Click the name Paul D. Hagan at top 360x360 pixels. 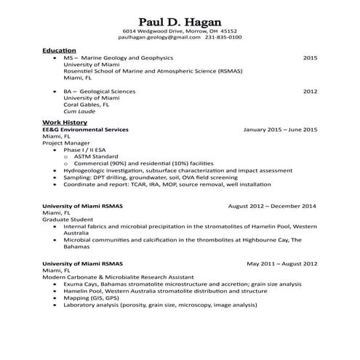pyautogui.click(x=180, y=19)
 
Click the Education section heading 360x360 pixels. pyautogui.click(x=59, y=49)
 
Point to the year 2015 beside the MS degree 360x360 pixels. pyautogui.click(x=311, y=57)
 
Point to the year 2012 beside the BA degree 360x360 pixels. pyautogui.click(x=311, y=92)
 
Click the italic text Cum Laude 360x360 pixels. pyautogui.click(x=78, y=112)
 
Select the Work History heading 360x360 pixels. pyautogui.click(x=65, y=122)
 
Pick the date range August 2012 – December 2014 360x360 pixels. pyautogui.click(x=272, y=206)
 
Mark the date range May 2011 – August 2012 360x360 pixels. pyautogui.click(x=281, y=263)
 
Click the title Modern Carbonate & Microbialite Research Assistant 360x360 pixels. pyautogui.click(x=118, y=276)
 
